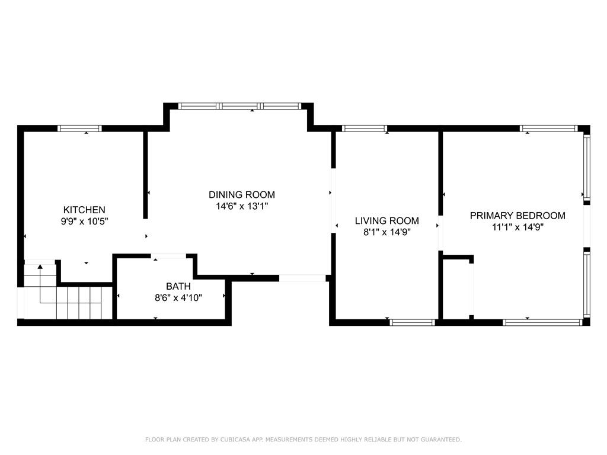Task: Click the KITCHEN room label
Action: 84,210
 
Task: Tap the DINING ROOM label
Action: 242,194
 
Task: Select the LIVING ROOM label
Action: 386,220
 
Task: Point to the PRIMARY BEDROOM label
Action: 517,216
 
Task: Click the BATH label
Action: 178,286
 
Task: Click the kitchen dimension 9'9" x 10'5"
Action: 84,222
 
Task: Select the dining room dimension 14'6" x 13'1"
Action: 242,206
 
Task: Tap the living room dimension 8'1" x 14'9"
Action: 386,232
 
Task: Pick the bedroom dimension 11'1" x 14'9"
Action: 517,227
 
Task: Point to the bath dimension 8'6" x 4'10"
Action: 178,298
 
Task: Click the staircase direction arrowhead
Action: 40,267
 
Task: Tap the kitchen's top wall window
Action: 80,129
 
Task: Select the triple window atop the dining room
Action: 239,106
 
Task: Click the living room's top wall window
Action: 365,129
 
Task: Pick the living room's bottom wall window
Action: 413,322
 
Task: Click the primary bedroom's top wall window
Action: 548,129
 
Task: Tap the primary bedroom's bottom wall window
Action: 543,322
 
